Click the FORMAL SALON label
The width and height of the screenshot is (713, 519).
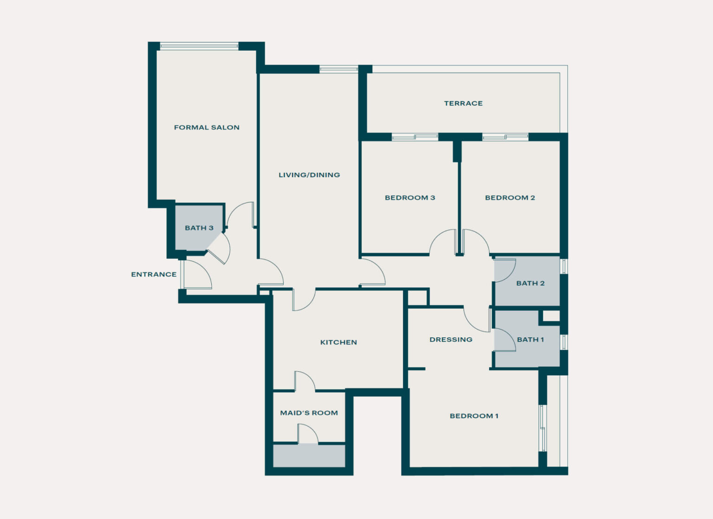pyautogui.click(x=207, y=127)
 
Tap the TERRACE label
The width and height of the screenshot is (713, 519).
pyautogui.click(x=463, y=103)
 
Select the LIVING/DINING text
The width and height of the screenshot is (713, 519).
pyautogui.click(x=309, y=175)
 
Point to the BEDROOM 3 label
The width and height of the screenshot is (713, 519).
pyautogui.click(x=410, y=197)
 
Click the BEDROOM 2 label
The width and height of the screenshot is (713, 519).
pyautogui.click(x=510, y=197)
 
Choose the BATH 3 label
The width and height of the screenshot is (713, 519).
pyautogui.click(x=199, y=228)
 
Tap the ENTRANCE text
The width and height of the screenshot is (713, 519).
pyautogui.click(x=154, y=274)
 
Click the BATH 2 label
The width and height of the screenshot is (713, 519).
pyautogui.click(x=530, y=283)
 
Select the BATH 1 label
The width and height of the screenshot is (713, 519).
pyautogui.click(x=530, y=340)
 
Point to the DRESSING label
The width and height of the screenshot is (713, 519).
pyautogui.click(x=451, y=340)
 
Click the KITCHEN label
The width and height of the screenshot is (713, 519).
pyautogui.click(x=338, y=342)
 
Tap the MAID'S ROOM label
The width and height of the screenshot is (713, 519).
pyautogui.click(x=309, y=413)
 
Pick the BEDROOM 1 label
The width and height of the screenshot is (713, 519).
pyautogui.click(x=474, y=416)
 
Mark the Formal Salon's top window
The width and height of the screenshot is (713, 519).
pyautogui.click(x=199, y=46)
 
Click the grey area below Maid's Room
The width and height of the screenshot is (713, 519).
pyautogui.click(x=309, y=456)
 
